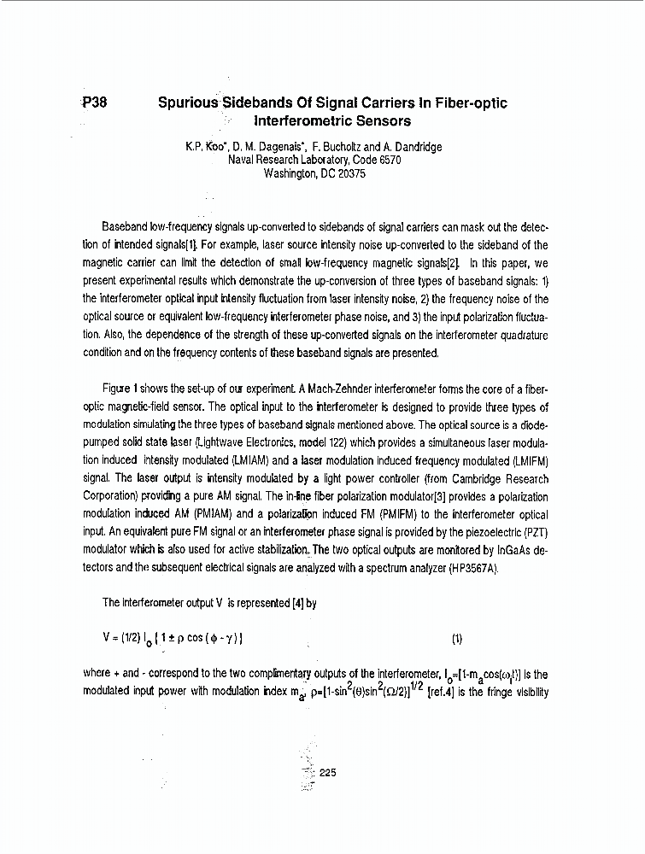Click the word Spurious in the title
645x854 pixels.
(188, 103)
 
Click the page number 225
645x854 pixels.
(328, 773)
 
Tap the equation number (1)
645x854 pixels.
(457, 639)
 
